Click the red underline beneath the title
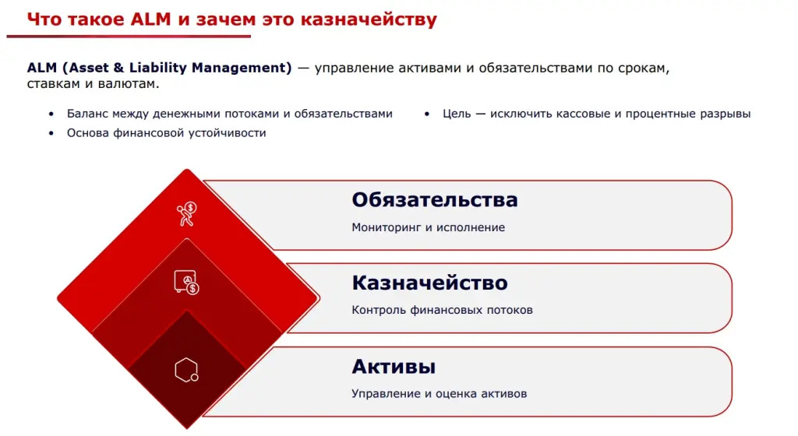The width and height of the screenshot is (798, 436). pos(129,36)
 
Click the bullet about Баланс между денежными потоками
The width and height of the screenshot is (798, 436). pos(229,114)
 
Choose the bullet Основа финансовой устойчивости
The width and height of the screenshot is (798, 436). pos(166,133)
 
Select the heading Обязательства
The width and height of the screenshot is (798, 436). pos(434,200)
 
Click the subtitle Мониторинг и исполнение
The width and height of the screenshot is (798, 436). pos(428,227)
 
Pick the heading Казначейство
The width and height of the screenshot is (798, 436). pos(429,283)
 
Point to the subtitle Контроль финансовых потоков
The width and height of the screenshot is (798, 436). pos(442,310)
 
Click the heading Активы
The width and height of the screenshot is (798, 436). pos(393,366)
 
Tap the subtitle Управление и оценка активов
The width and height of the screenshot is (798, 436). pos(439,393)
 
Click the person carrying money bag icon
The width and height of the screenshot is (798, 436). pos(186,213)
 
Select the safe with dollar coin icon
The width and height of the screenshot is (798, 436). pos(186,282)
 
